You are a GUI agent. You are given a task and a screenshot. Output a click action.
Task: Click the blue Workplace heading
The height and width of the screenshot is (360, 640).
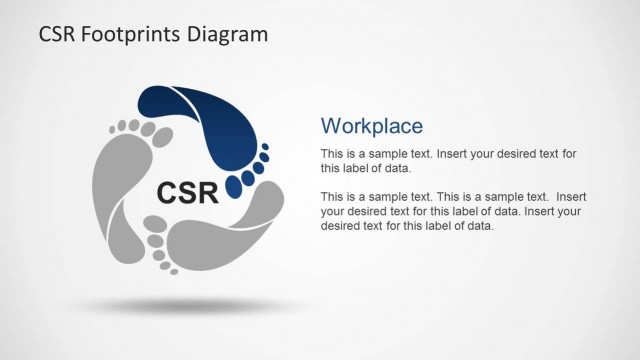tap(371, 125)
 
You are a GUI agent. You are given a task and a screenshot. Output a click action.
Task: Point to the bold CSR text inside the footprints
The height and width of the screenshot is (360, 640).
tap(188, 191)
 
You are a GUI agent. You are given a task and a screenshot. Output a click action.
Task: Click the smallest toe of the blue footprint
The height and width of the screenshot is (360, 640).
tap(265, 146)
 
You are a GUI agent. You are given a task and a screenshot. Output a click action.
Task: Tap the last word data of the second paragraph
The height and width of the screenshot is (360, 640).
tap(480, 225)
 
